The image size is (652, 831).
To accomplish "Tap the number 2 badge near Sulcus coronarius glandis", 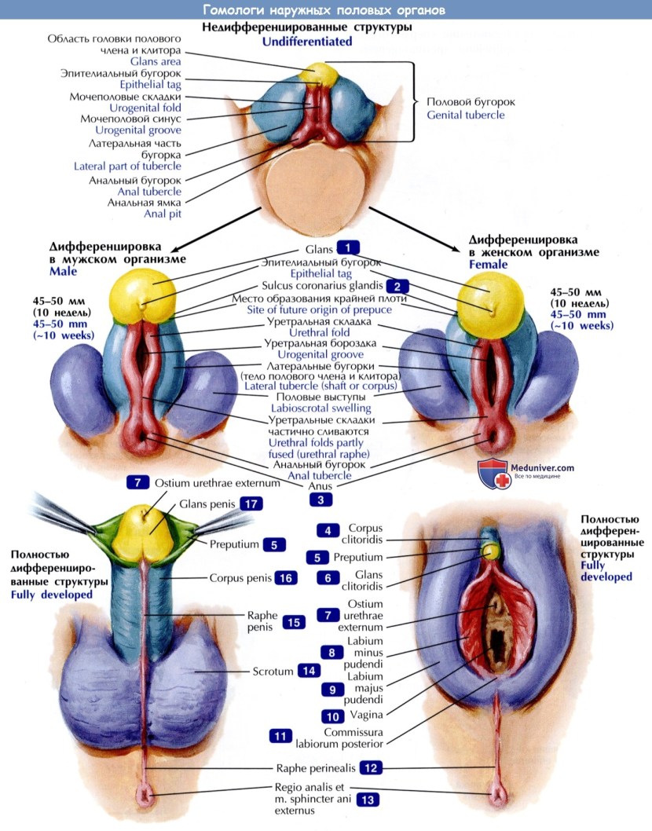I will [x=397, y=287].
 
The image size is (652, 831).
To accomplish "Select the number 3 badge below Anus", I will [x=321, y=498].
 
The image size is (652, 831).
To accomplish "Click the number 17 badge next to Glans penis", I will [x=250, y=503].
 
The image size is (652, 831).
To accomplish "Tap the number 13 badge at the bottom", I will [x=367, y=800].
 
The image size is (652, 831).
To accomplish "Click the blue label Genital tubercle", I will [x=466, y=115].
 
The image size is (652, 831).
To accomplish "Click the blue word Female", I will [x=488, y=265].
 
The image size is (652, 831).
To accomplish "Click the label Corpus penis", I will [x=240, y=577].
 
